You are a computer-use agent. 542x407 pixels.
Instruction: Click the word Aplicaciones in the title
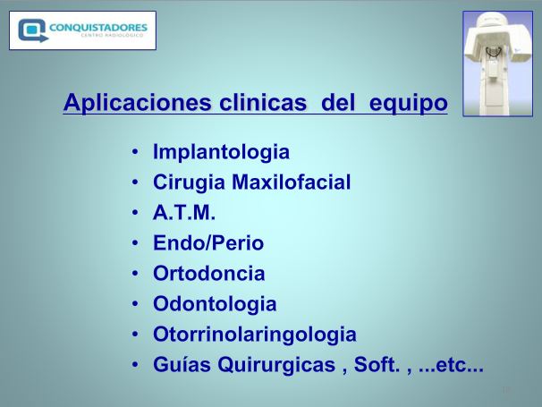[138, 103]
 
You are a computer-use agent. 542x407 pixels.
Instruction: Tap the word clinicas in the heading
[263, 102]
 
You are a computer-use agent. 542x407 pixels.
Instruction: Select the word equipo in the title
[408, 104]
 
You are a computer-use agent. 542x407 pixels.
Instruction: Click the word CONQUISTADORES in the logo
[98, 28]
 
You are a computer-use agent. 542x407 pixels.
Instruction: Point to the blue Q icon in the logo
[32, 30]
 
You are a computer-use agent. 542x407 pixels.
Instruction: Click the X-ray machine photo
[498, 64]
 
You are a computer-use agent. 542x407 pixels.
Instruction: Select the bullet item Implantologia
[221, 152]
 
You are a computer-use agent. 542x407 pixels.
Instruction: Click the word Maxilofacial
[292, 182]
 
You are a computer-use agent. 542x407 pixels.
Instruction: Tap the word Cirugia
[189, 182]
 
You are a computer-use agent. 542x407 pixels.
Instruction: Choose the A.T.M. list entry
[184, 212]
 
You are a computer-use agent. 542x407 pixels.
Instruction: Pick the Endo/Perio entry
[208, 242]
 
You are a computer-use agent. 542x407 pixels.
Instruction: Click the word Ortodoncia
[209, 273]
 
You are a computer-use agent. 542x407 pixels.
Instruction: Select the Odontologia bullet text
[215, 304]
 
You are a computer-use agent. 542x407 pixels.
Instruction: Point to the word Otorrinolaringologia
[255, 335]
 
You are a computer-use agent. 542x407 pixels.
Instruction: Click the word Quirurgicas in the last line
[276, 365]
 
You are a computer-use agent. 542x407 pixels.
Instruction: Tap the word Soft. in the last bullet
[377, 364]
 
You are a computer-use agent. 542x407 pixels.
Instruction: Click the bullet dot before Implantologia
[135, 152]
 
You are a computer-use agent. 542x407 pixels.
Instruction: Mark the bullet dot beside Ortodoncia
[135, 274]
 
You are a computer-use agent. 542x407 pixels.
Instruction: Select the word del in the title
[338, 102]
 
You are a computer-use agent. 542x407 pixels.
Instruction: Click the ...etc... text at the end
[451, 366]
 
